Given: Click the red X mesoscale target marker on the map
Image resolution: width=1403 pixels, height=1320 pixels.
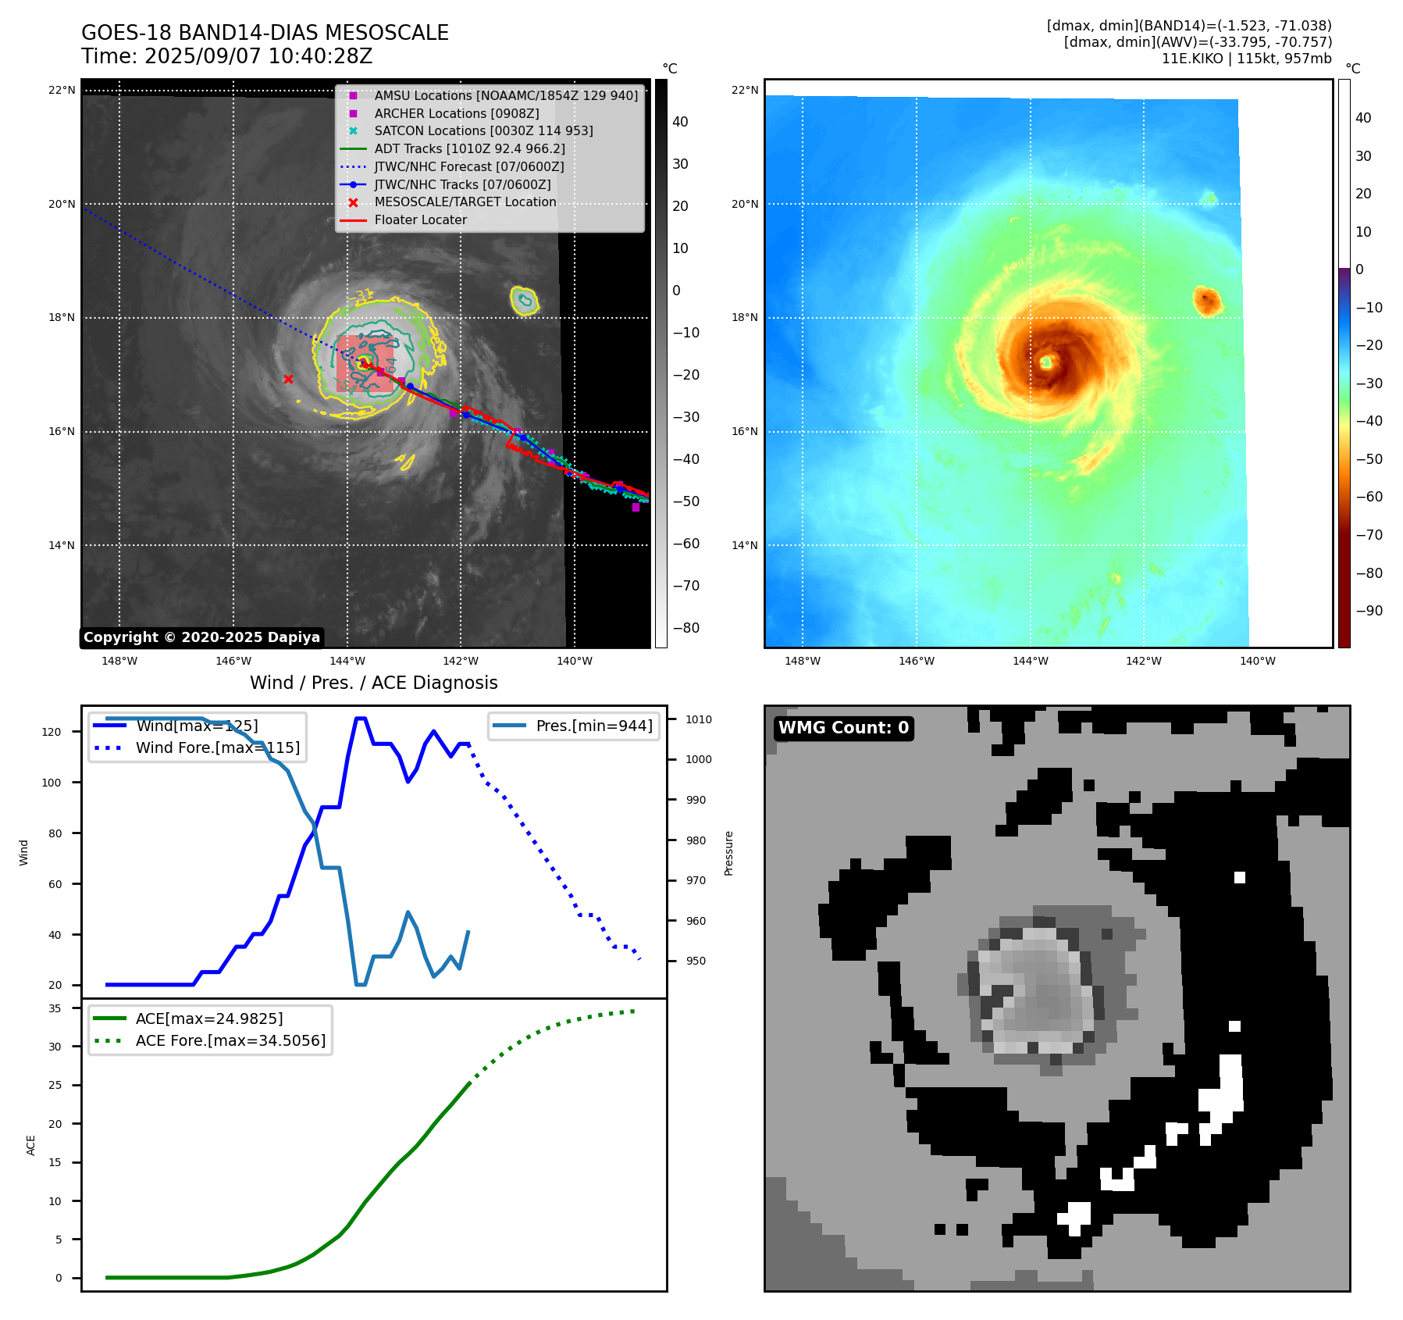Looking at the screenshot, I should pyautogui.click(x=288, y=380).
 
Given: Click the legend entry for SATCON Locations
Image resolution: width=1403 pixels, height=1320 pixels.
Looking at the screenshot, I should pyautogui.click(x=483, y=131).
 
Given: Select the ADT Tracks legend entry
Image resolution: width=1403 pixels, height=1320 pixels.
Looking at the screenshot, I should pyautogui.click(x=469, y=148).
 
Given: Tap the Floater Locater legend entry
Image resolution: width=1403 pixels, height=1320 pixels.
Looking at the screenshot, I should pyautogui.click(x=420, y=220).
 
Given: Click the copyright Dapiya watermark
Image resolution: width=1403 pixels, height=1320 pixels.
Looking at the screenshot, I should pyautogui.click(x=201, y=637).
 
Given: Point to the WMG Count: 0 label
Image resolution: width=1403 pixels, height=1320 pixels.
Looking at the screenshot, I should pyautogui.click(x=843, y=728).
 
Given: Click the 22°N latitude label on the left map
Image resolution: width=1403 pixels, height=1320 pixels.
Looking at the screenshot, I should pyautogui.click(x=62, y=91).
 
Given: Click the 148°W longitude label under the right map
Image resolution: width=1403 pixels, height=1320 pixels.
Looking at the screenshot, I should pyautogui.click(x=803, y=662).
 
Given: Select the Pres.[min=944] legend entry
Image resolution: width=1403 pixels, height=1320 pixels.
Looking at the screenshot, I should pyautogui.click(x=593, y=726).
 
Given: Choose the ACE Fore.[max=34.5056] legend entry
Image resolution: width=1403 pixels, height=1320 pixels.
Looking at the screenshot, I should pyautogui.click(x=230, y=1040).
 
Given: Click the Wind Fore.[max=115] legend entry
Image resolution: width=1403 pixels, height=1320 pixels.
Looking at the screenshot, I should pyautogui.click(x=217, y=747).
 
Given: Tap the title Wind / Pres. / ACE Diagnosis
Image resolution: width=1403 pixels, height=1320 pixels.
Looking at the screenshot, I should pyautogui.click(x=373, y=683).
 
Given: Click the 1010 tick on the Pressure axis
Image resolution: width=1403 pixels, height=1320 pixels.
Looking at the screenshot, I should pyautogui.click(x=699, y=719).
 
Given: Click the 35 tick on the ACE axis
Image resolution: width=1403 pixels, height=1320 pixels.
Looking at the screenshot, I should pyautogui.click(x=55, y=1008).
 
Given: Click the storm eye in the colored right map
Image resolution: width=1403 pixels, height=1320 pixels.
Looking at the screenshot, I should pyautogui.click(x=1046, y=362).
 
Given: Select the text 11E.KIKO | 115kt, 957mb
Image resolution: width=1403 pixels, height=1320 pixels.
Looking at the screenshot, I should pyautogui.click(x=1246, y=59).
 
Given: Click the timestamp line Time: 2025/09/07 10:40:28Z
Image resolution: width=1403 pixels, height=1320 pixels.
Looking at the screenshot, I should pyautogui.click(x=226, y=57).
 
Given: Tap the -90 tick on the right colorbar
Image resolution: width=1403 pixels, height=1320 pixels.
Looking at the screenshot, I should pyautogui.click(x=1369, y=611).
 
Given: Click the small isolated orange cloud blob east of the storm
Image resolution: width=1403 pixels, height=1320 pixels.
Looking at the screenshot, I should pyautogui.click(x=1207, y=301).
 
